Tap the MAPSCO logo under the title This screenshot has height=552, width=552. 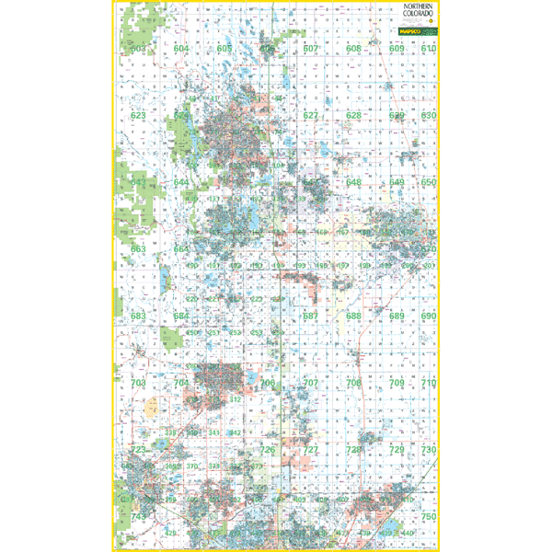click(417, 31)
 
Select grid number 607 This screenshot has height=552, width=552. click(311, 49)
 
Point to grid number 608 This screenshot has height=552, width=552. click(353, 49)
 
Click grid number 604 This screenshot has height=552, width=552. click(182, 49)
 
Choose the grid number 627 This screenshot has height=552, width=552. click(311, 116)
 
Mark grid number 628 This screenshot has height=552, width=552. click(353, 116)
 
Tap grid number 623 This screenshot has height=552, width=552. click(139, 116)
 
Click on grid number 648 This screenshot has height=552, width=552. click(353, 183)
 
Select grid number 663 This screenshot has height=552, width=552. click(139, 249)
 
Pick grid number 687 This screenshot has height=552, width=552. click(311, 316)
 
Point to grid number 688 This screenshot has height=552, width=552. click(353, 316)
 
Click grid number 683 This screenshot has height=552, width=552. click(139, 316)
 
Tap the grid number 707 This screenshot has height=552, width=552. click(311, 383)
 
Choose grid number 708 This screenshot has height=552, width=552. click(353, 383)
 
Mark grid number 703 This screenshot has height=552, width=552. click(139, 383)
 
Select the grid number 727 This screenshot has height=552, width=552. click(311, 450)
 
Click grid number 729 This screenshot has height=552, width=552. click(397, 450)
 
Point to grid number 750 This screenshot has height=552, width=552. click(428, 518)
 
